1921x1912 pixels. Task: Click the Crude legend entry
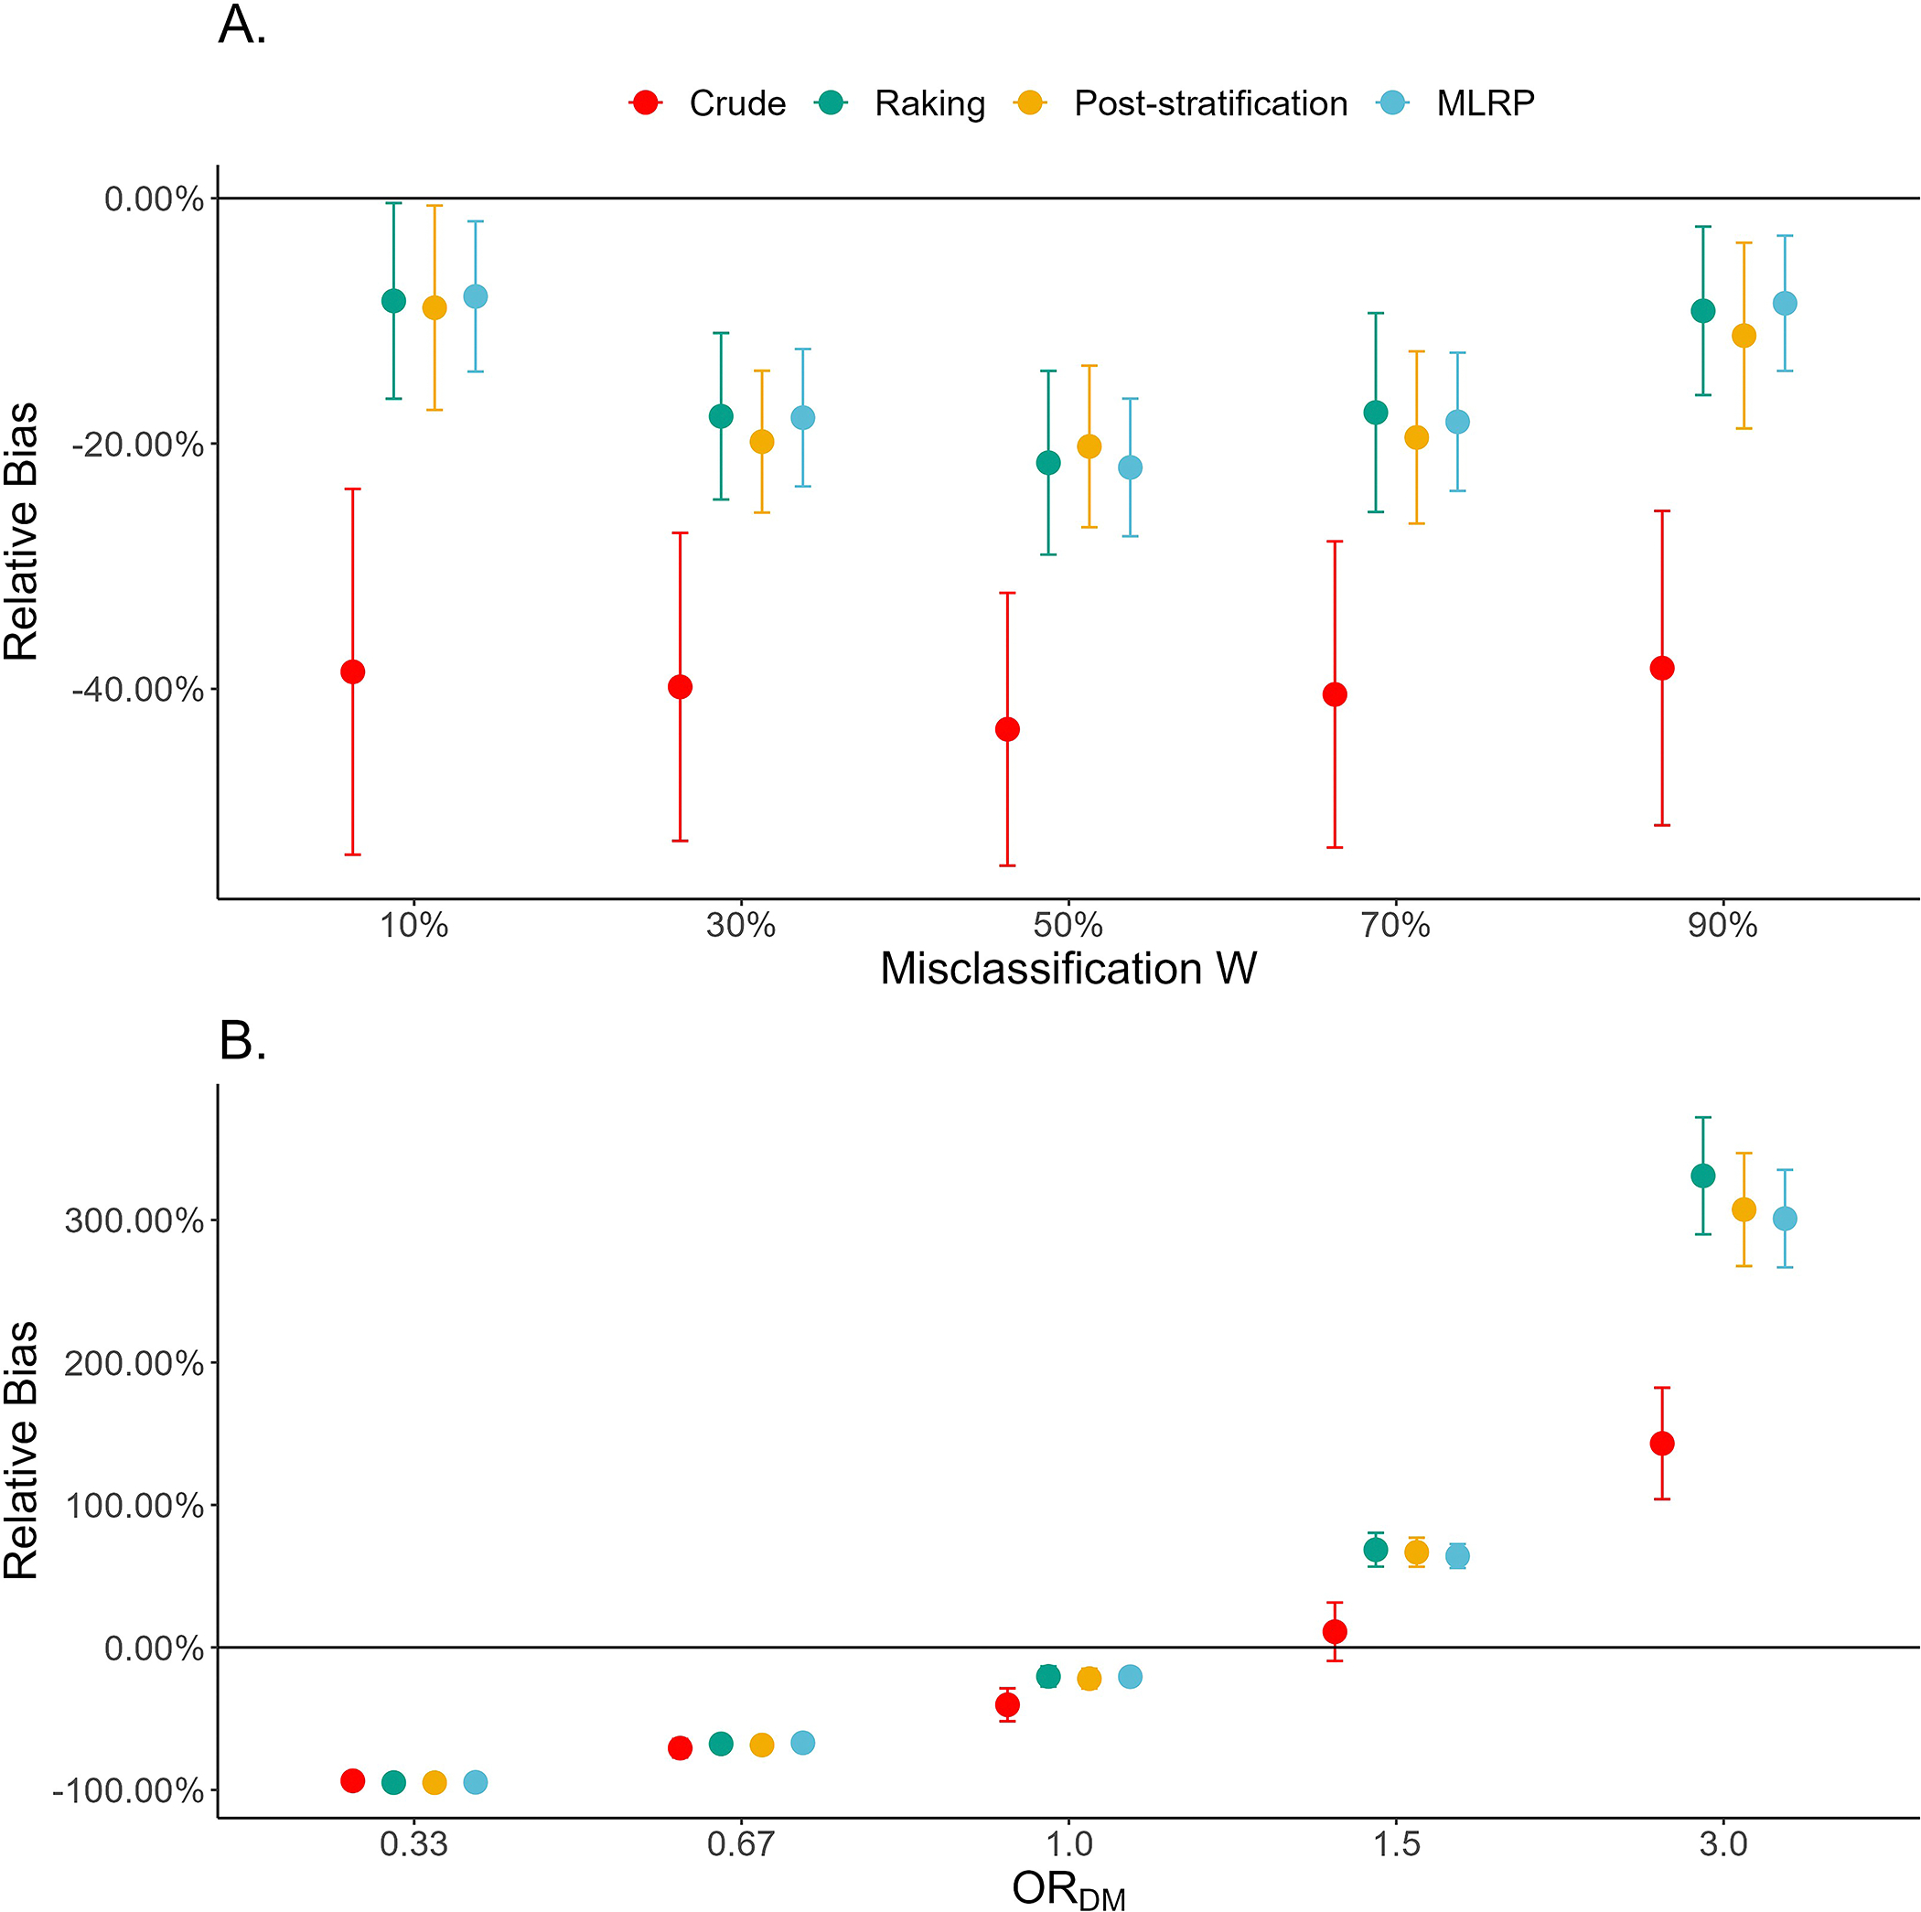click(x=707, y=103)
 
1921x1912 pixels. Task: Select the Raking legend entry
click(x=900, y=103)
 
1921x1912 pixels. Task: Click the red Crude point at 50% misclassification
click(x=1007, y=729)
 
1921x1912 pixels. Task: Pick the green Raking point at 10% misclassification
click(x=393, y=300)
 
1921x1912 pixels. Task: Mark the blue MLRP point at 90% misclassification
click(x=1785, y=303)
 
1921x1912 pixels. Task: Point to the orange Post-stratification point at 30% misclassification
click(x=762, y=442)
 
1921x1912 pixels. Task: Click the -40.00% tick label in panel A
click(x=138, y=689)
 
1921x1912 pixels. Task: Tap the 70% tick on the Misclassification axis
click(x=1395, y=926)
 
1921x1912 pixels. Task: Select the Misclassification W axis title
click(x=1068, y=969)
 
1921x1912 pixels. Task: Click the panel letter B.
click(x=241, y=1041)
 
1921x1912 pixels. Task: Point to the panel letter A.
click(x=241, y=25)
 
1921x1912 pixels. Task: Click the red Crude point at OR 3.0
click(x=1661, y=1443)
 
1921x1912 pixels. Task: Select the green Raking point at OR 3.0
click(x=1703, y=1176)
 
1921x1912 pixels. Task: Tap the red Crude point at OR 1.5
click(x=1335, y=1632)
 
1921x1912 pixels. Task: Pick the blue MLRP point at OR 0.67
click(x=802, y=1743)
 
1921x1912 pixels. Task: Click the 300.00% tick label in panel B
click(x=134, y=1220)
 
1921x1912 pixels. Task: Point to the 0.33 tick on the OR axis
click(x=413, y=1844)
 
